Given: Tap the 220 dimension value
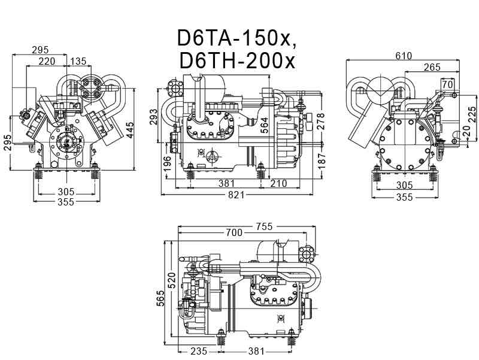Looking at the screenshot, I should pos(47,61).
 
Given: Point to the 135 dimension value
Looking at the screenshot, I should pos(78,61).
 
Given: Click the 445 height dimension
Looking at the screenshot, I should pos(146,129).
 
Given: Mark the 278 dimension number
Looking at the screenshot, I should pos(320,123).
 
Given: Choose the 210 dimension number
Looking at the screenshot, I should pos(278,184).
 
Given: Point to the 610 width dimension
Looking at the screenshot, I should pos(404,56).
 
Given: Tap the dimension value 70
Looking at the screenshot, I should pos(447,84).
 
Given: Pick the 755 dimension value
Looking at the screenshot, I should pos(263,226).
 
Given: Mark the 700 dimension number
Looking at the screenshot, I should pos(234,233).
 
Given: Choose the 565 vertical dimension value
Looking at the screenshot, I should pos(160,294).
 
